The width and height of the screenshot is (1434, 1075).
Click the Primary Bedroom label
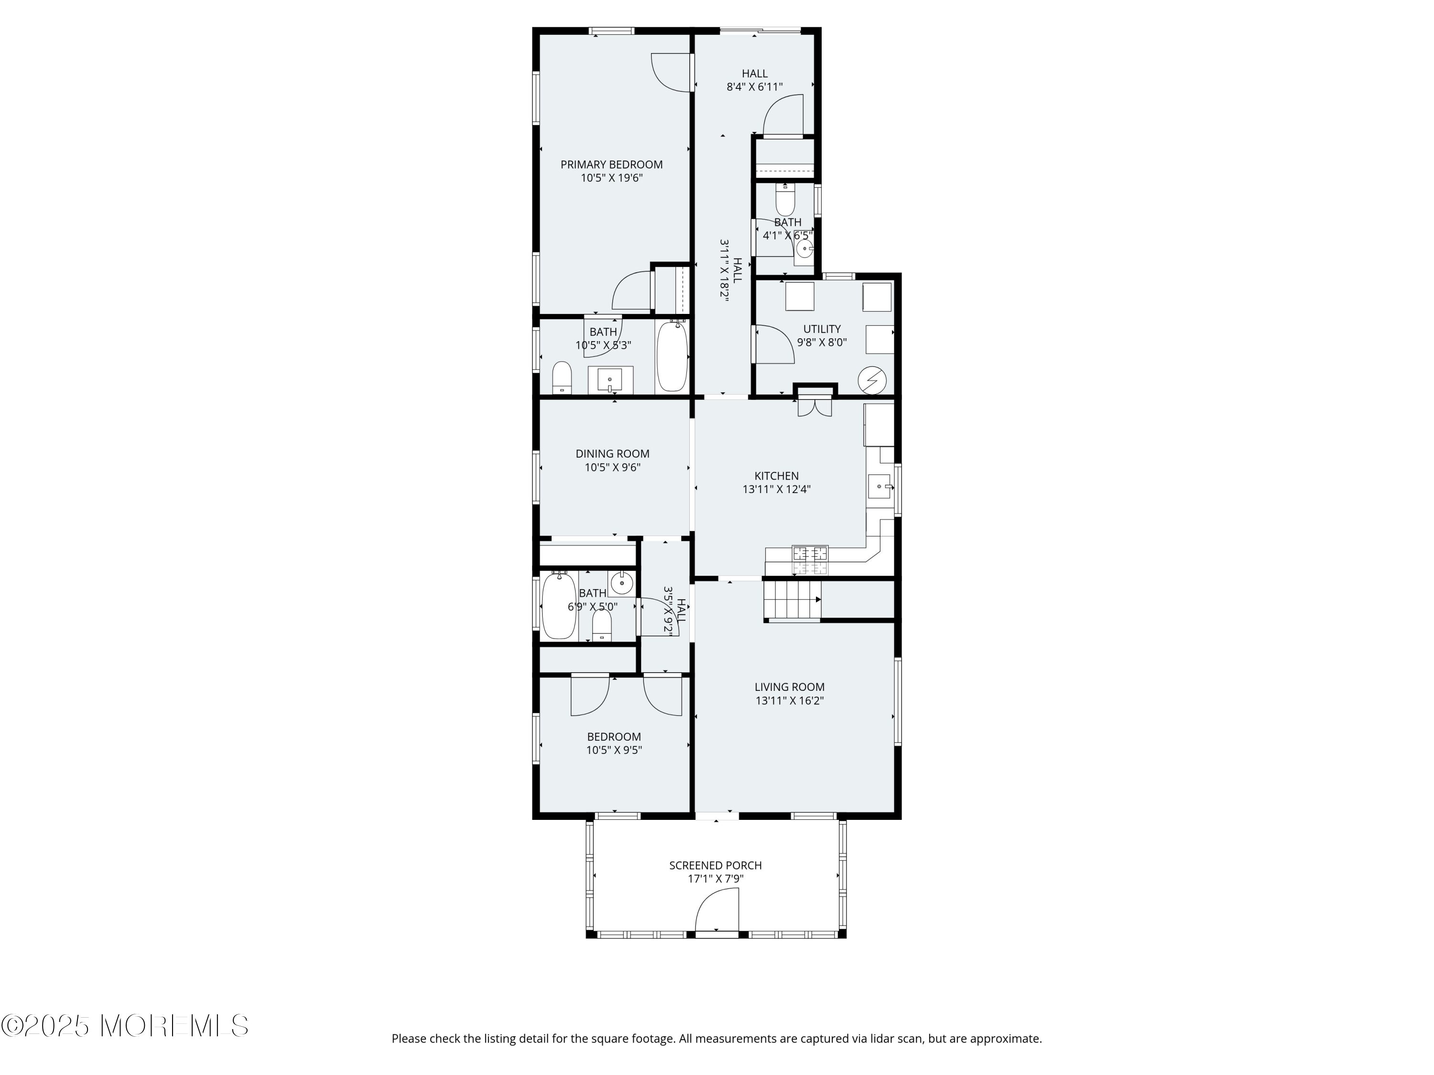pos(611,164)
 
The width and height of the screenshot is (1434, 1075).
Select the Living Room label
pos(789,687)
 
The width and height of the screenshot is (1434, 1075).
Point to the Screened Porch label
pos(715,865)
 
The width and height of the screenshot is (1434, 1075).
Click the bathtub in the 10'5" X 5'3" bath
pos(672,356)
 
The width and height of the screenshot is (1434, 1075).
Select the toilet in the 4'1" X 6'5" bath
pos(785,200)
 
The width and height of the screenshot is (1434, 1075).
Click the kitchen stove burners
pos(810,560)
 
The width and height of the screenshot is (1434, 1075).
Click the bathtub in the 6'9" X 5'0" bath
pos(559,605)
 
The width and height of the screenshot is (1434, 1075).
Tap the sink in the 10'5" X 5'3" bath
pos(610,379)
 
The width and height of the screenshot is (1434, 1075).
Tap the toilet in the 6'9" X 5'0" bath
pos(602,626)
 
